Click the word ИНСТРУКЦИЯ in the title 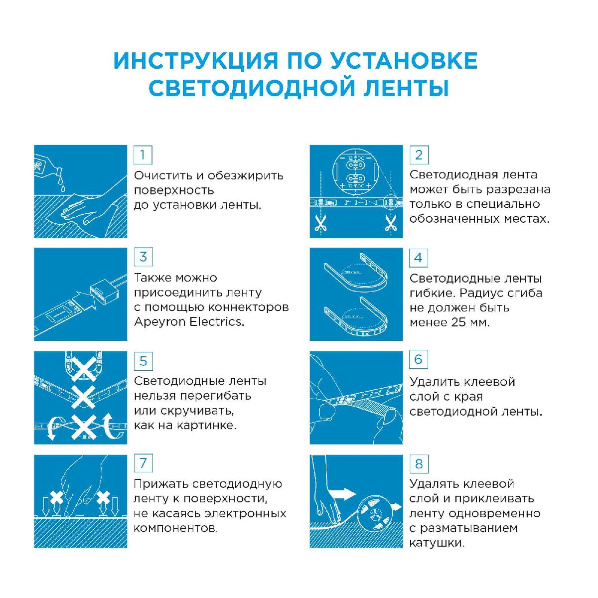pyautogui.click(x=195, y=61)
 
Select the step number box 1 pyautogui.click(x=143, y=155)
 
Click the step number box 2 pyautogui.click(x=419, y=155)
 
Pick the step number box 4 pyautogui.click(x=419, y=258)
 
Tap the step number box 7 pyautogui.click(x=143, y=463)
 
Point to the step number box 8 pyautogui.click(x=419, y=464)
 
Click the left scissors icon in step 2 pyautogui.click(x=320, y=223)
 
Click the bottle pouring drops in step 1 pyautogui.click(x=47, y=167)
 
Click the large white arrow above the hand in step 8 pyautogui.click(x=343, y=495)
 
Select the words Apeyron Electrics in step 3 pyautogui.click(x=189, y=322)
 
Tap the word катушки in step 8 pyautogui.click(x=436, y=543)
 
